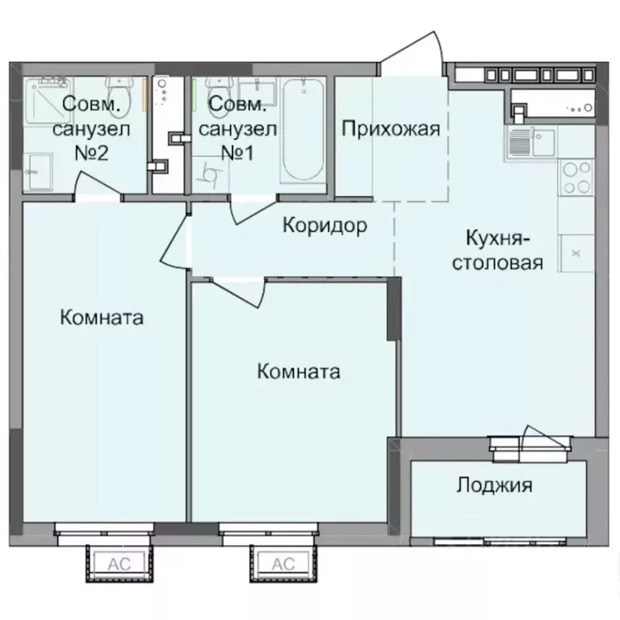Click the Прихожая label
[391, 129]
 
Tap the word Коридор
[325, 226]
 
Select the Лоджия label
[494, 485]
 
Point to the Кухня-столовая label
[497, 250]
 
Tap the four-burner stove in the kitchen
[576, 178]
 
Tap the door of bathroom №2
[97, 191]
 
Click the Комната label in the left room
[102, 318]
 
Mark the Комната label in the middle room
[298, 372]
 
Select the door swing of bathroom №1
[250, 208]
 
